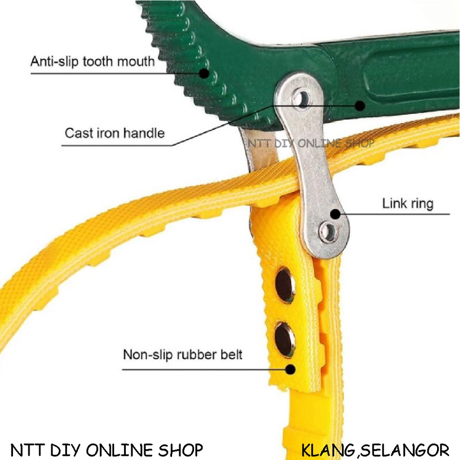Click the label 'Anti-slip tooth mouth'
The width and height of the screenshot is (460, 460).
92,61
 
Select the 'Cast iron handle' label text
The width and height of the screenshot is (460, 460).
115,133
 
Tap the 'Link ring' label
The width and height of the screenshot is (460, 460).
407,203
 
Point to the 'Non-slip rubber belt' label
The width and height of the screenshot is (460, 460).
182,354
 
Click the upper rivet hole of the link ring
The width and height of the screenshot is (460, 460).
301,98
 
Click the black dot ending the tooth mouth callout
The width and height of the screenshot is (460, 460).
204,73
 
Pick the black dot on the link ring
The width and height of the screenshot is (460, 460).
335,214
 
